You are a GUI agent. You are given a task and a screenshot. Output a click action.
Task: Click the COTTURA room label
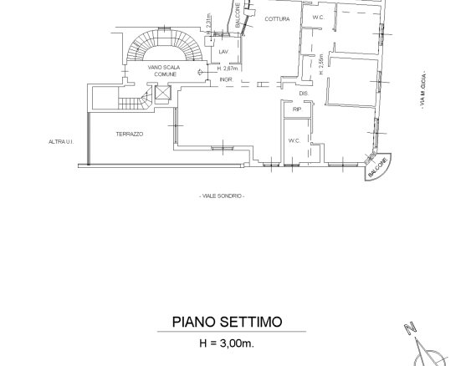tap(277, 18)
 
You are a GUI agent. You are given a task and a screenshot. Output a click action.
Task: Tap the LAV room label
tap(223, 52)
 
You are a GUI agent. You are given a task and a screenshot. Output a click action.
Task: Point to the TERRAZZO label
tap(130, 134)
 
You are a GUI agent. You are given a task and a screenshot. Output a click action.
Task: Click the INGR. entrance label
tap(226, 79)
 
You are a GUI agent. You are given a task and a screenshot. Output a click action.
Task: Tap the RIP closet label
tap(297, 109)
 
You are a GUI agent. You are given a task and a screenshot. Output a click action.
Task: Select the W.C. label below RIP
tap(294, 140)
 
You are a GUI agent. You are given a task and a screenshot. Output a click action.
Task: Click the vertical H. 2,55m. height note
tap(320, 65)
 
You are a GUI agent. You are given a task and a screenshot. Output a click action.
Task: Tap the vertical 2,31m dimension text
tap(208, 23)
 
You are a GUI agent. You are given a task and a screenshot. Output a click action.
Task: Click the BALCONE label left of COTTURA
tap(238, 17)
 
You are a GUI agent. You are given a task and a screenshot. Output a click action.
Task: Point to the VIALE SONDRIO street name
tap(223, 196)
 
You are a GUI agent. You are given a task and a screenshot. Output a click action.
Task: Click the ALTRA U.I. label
tap(61, 142)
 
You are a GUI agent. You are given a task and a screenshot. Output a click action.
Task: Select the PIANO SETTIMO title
tap(227, 322)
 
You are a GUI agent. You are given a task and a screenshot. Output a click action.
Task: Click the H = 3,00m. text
tap(228, 343)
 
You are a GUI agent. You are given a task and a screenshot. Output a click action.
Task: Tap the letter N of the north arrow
tap(411, 329)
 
